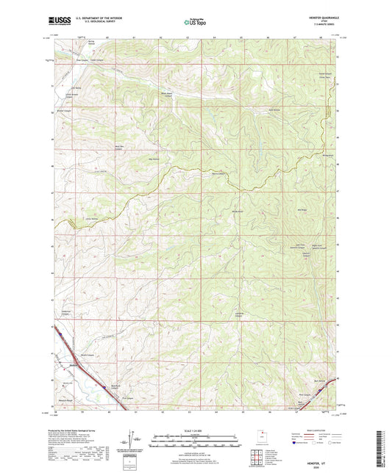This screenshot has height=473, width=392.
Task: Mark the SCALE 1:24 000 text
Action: click(x=196, y=431)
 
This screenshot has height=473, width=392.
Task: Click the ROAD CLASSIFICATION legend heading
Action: click(x=302, y=430)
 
